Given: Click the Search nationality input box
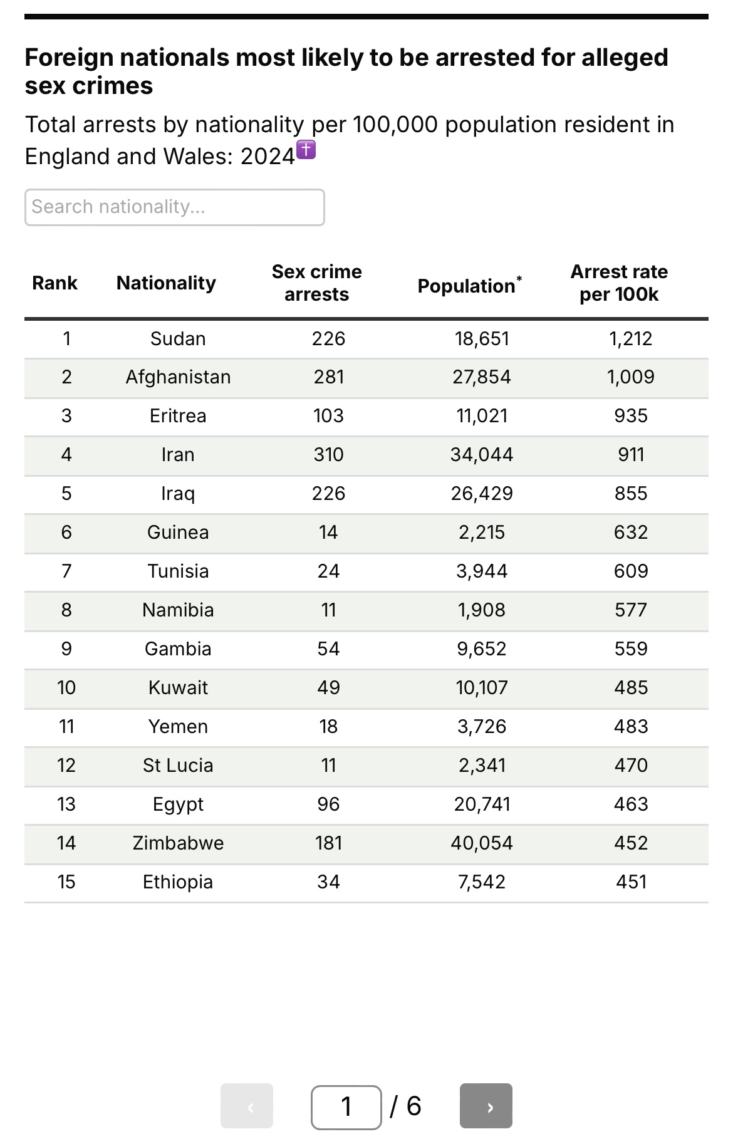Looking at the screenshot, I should [x=174, y=207].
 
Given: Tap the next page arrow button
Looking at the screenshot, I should [x=486, y=1106].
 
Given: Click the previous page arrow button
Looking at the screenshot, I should [x=247, y=1106].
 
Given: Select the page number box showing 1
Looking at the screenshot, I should [x=346, y=1106].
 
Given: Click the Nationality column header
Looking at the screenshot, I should [x=166, y=283].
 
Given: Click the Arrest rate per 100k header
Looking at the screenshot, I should [x=619, y=283].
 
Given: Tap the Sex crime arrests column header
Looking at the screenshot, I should [x=316, y=283].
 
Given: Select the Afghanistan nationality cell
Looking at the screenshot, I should [x=178, y=377].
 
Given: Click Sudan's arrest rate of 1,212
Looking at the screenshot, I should [x=630, y=339].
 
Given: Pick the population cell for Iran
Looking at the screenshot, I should [x=481, y=455].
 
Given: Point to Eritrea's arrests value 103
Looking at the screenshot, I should [x=328, y=416].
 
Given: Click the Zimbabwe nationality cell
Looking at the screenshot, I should [x=178, y=843].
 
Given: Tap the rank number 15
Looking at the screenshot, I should [x=66, y=882].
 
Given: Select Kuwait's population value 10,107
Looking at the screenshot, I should [x=481, y=688].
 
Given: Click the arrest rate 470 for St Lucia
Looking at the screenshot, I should [x=630, y=766].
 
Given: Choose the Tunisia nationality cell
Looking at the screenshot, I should [x=178, y=571].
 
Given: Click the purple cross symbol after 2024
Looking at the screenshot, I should [x=306, y=150].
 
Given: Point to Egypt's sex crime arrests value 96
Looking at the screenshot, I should [x=328, y=804].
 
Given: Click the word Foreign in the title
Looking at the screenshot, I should [x=68, y=58].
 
